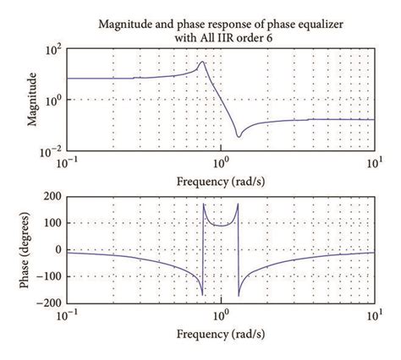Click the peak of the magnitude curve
pyautogui.click(x=202, y=62)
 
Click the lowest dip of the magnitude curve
pyautogui.click(x=239, y=136)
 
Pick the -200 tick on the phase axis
pyautogui.click(x=52, y=303)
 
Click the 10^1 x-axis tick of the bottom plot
pyautogui.click(x=373, y=314)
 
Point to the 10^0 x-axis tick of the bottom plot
pyautogui.click(x=221, y=314)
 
